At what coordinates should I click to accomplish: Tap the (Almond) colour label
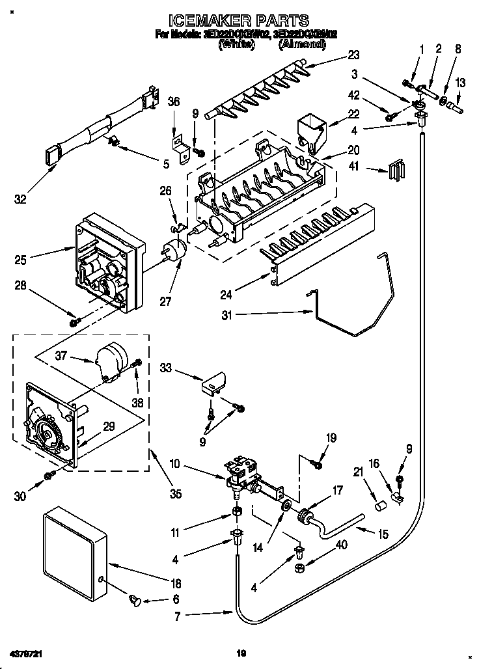(303, 44)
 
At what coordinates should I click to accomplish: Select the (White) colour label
(236, 44)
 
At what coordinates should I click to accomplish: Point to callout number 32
(21, 199)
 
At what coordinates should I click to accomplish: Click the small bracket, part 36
(180, 144)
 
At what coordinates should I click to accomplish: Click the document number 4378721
(27, 651)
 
